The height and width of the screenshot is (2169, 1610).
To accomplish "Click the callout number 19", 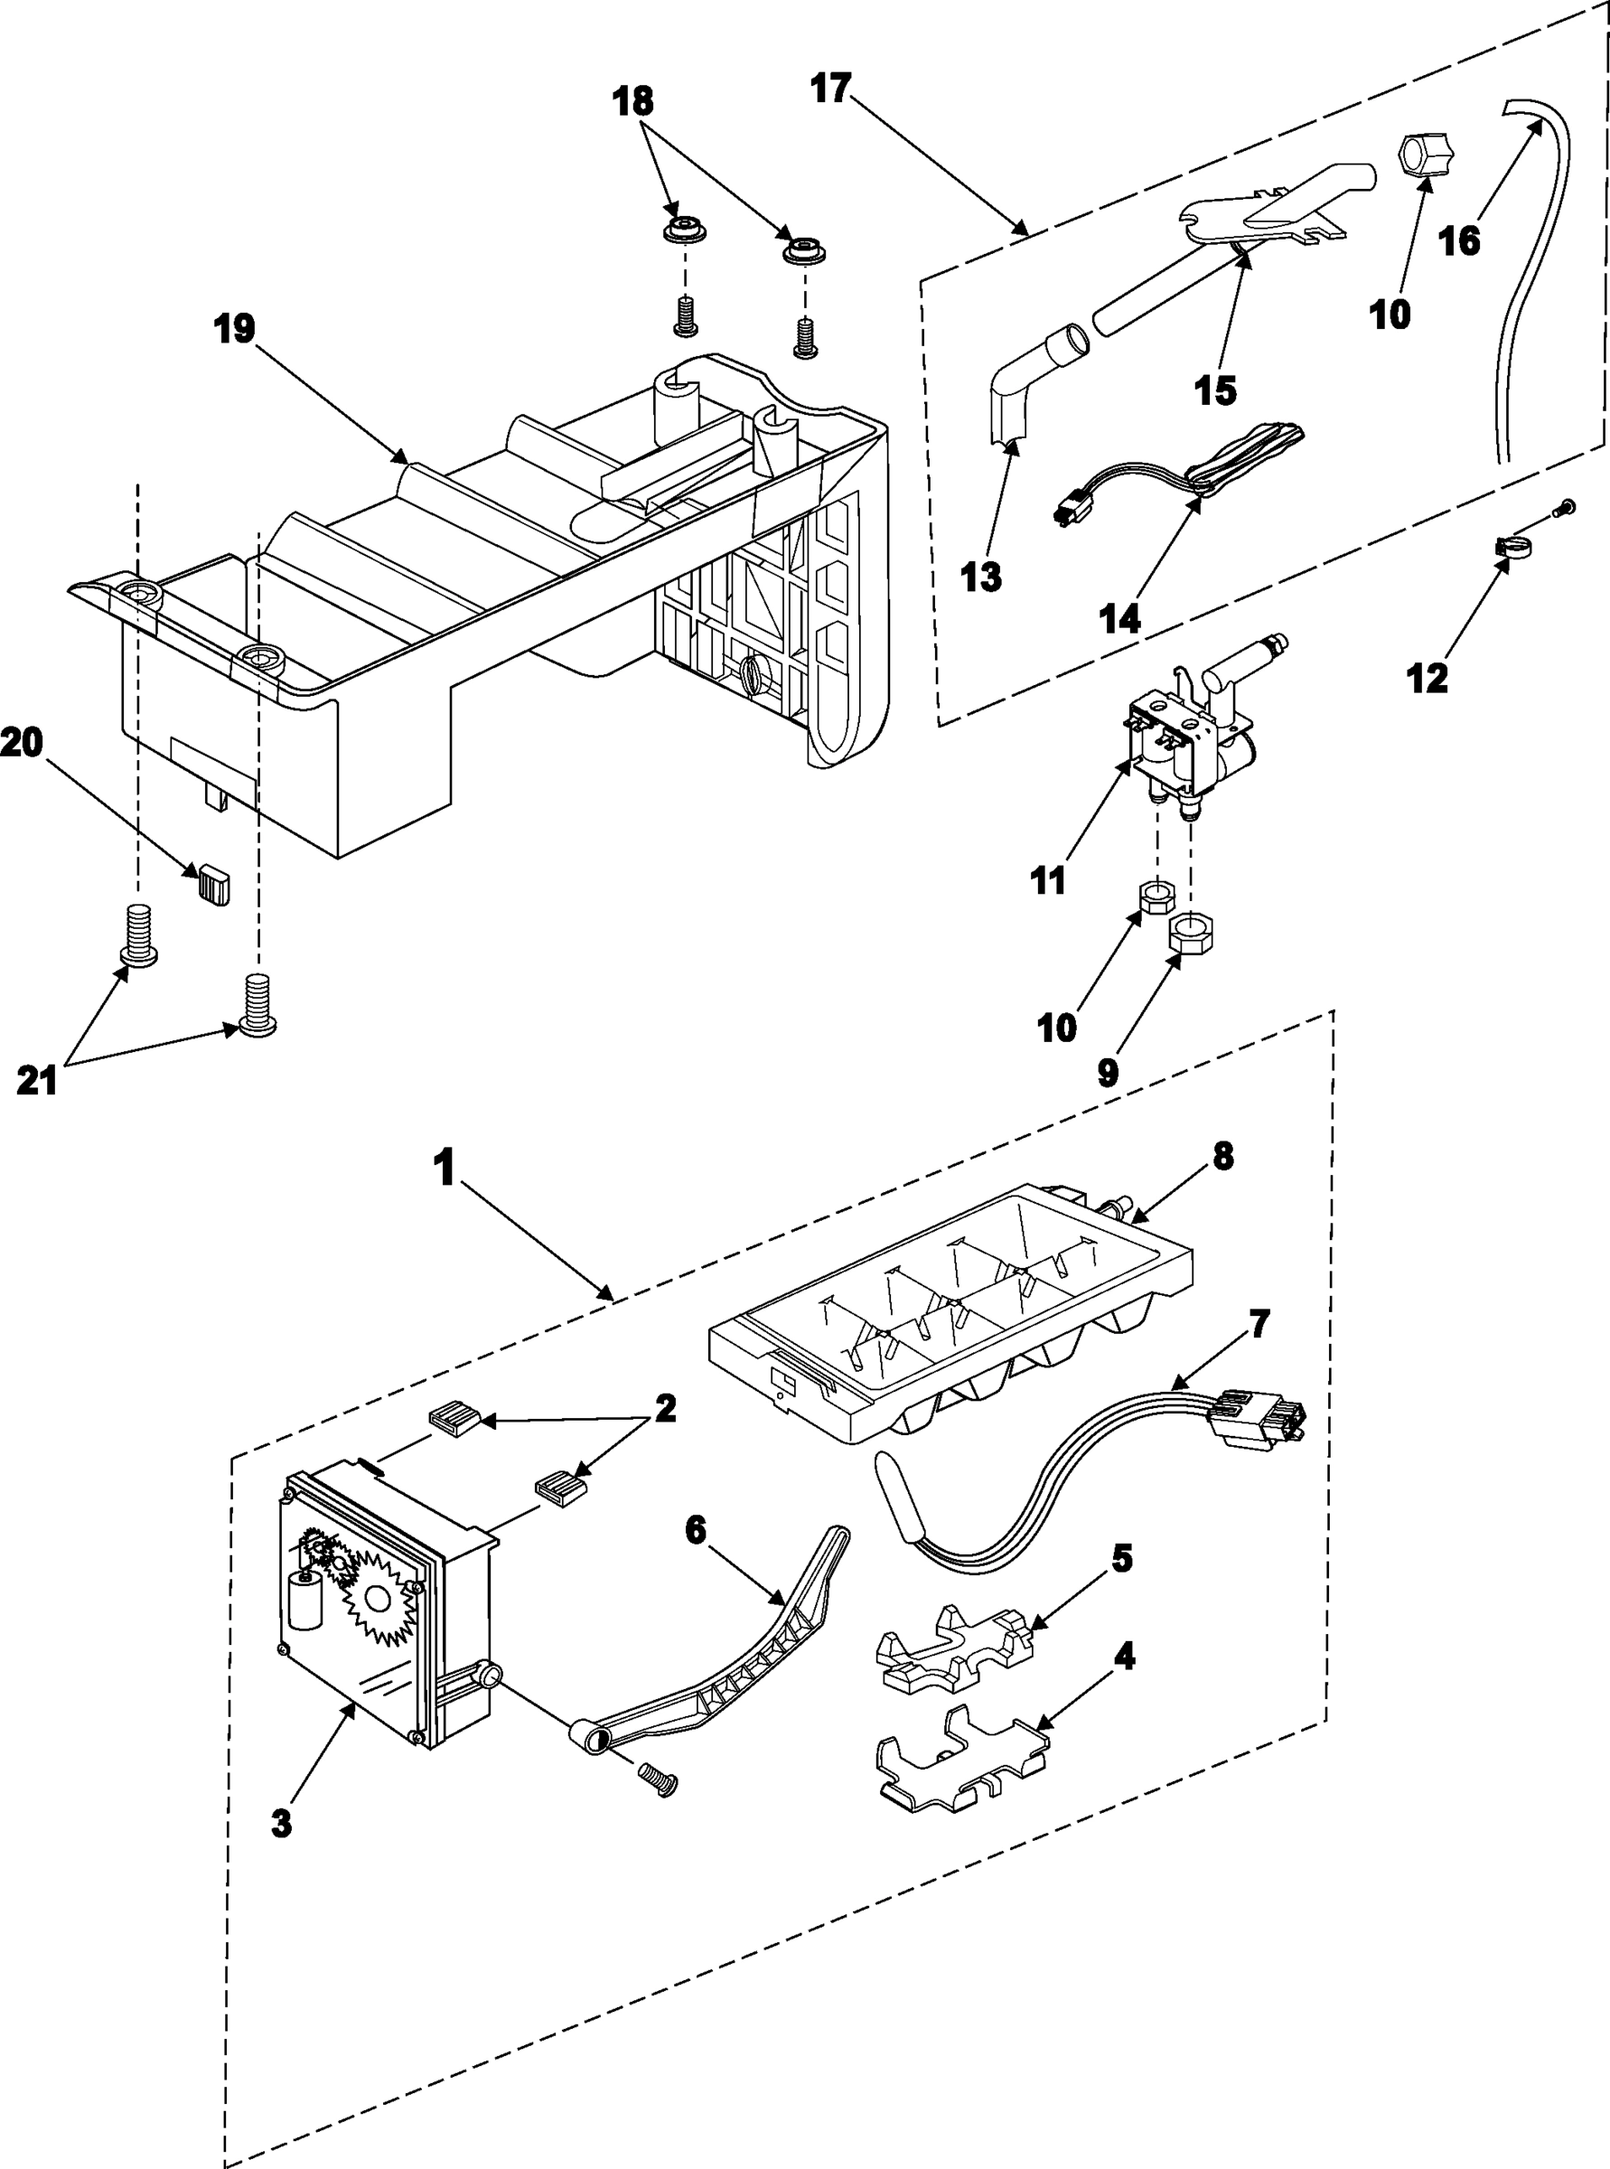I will tap(234, 330).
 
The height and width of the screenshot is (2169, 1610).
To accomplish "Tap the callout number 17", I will tap(830, 89).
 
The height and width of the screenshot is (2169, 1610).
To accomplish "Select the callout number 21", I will tap(37, 1080).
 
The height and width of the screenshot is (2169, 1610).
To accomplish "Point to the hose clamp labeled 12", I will tap(1511, 549).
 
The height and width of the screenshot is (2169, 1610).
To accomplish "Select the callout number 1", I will tap(445, 1167).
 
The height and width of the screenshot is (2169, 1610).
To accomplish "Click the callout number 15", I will tap(1215, 391).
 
